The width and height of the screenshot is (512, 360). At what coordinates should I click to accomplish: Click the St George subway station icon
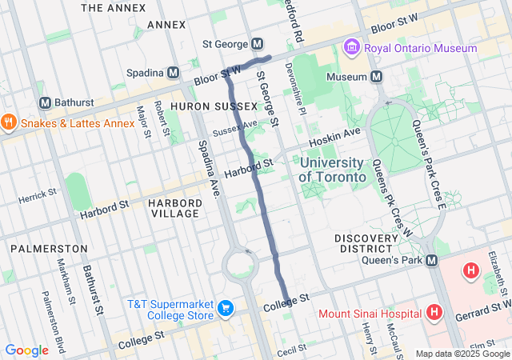[x=258, y=43]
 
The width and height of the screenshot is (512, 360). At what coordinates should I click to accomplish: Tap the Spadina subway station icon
[x=174, y=73]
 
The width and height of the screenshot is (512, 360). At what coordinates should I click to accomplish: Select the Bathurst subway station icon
[x=45, y=103]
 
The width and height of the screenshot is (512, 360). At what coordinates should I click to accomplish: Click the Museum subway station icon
[x=376, y=77]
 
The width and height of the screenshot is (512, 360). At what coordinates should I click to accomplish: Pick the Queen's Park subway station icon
[x=431, y=260]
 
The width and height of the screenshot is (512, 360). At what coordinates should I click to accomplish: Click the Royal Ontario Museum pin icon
[x=350, y=48]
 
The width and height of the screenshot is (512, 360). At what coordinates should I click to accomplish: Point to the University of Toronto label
[x=333, y=169]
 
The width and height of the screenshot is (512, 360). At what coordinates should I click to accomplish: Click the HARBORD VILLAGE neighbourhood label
[x=174, y=208]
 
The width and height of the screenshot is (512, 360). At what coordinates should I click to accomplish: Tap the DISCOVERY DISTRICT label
[x=366, y=238]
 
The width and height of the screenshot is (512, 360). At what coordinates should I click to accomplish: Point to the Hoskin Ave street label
[x=341, y=134]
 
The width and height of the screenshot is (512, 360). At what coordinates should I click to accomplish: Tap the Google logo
[x=26, y=350]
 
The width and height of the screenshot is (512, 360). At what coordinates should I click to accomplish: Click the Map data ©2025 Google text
[x=462, y=354]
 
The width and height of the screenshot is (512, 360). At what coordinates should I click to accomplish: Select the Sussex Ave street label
[x=235, y=127]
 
